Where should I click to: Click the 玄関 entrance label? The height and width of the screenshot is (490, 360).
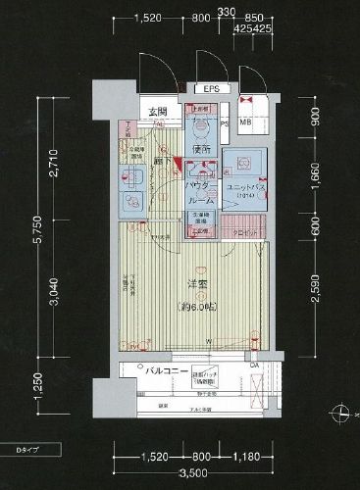point(158,111)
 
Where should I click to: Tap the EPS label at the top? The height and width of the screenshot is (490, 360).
point(211,88)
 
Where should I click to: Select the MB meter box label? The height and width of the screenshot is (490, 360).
point(245,122)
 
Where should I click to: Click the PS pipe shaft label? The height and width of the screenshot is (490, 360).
point(225,124)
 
